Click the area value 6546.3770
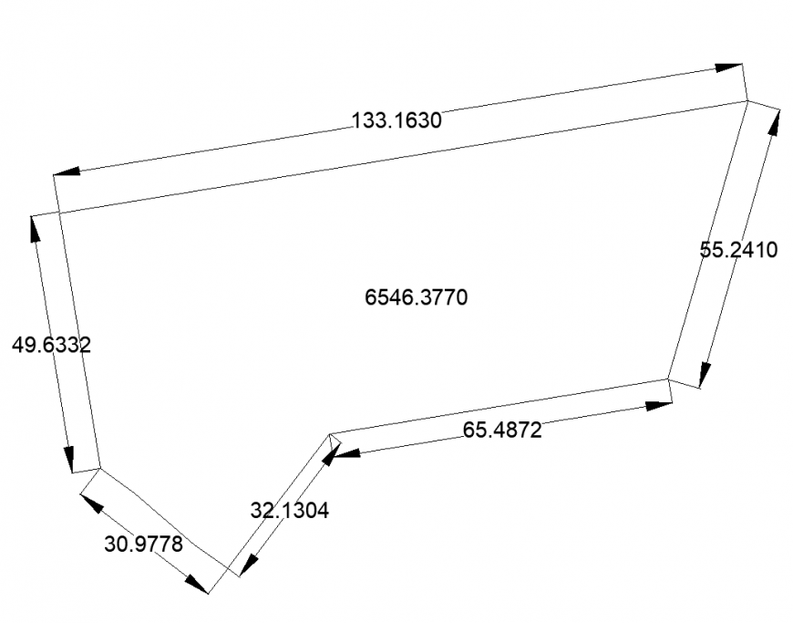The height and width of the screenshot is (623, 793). [x=415, y=297]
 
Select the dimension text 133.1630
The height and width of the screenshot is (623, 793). [x=396, y=119]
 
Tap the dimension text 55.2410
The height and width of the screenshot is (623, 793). [x=738, y=250]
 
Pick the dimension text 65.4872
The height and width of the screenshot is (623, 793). [x=502, y=430]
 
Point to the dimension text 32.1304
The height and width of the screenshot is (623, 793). [x=289, y=511]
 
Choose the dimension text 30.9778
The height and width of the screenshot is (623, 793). [x=144, y=545]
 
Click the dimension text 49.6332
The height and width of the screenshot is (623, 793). [x=51, y=345]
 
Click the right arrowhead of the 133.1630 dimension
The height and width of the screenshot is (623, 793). [x=729, y=67]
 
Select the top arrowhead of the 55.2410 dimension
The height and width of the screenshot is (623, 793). [x=774, y=123]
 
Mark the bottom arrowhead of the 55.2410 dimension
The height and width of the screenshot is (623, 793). [x=705, y=374]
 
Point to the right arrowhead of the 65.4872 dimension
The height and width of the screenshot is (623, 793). [x=658, y=405]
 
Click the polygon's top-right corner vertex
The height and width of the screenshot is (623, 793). [x=748, y=100]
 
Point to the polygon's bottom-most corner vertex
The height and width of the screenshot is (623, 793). [x=227, y=565]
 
